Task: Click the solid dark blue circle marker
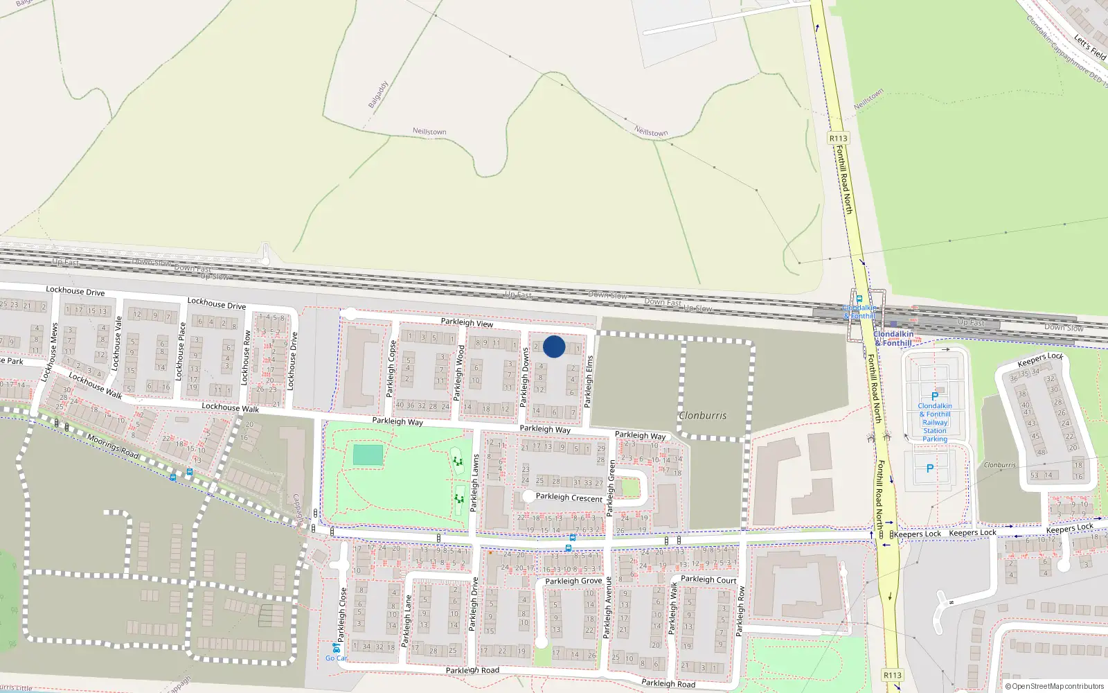click(x=554, y=346)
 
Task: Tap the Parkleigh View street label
click(x=467, y=323)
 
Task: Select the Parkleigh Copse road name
click(x=392, y=368)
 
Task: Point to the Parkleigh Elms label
click(x=589, y=380)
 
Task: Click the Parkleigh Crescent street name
click(x=569, y=497)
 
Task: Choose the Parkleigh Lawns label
click(x=475, y=483)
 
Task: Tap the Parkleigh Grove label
click(x=573, y=581)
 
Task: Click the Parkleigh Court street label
click(x=708, y=579)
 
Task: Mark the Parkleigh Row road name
click(x=740, y=611)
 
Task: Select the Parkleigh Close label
click(x=342, y=614)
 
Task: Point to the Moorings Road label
click(x=113, y=446)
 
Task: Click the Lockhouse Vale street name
click(x=117, y=342)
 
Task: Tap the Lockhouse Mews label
click(x=49, y=352)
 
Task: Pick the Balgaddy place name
click(x=378, y=94)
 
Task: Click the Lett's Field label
click(x=1089, y=46)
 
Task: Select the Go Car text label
click(x=337, y=658)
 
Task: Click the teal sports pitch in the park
click(x=368, y=455)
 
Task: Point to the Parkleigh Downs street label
click(x=524, y=377)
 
